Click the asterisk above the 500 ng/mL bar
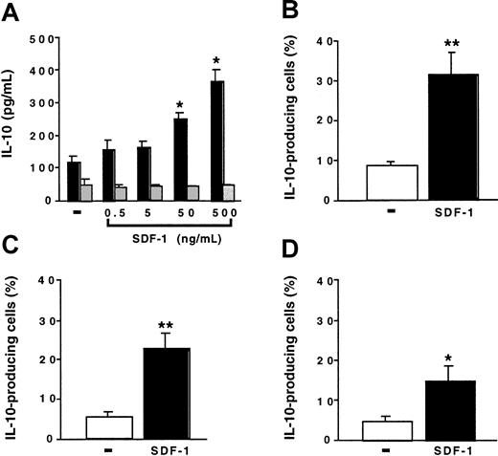pos(216,60)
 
